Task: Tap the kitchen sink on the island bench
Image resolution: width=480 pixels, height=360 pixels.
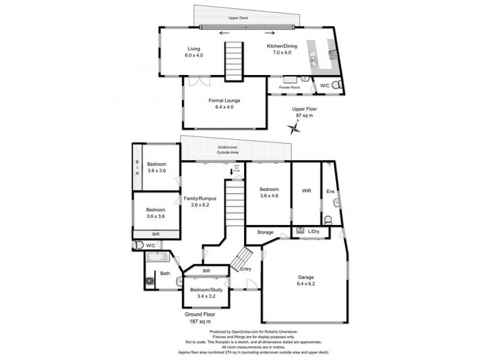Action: click(x=312, y=58)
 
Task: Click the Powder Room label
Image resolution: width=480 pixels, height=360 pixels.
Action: click(x=289, y=87)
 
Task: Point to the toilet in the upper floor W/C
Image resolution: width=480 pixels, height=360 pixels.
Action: click(x=337, y=85)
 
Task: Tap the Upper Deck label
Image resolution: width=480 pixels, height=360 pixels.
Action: click(x=238, y=19)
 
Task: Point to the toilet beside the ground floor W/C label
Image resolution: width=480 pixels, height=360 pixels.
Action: click(x=139, y=245)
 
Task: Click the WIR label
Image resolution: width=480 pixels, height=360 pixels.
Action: click(x=305, y=191)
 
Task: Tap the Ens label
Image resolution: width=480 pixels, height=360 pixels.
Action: click(x=330, y=191)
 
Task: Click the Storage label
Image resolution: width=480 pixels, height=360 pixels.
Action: click(x=265, y=232)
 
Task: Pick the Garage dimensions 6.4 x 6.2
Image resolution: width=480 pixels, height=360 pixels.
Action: click(x=306, y=284)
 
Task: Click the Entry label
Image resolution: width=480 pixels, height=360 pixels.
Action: click(x=246, y=269)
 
